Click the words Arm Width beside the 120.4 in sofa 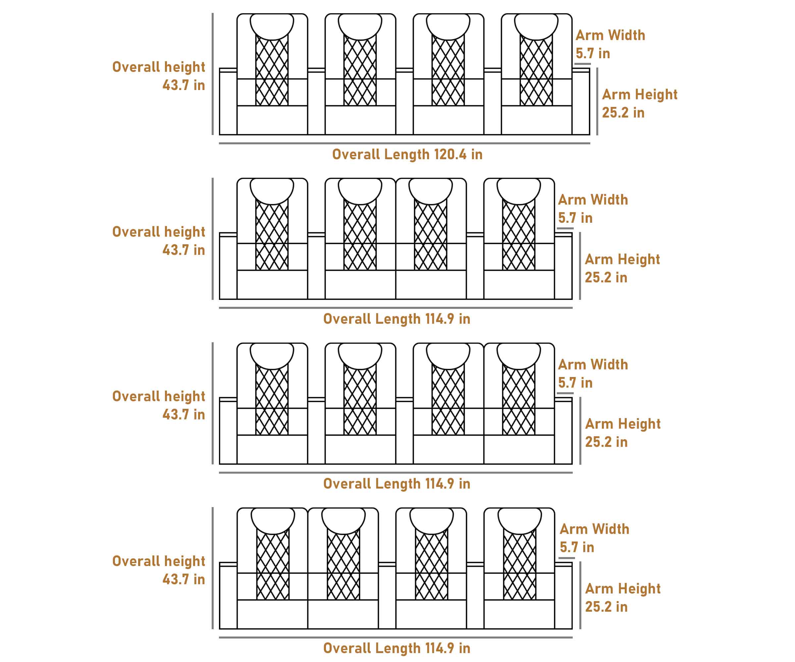click(610, 35)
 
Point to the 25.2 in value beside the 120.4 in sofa click(623, 113)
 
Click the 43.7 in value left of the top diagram click(184, 85)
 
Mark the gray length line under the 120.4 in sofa click(404, 143)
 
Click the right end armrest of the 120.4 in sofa click(581, 102)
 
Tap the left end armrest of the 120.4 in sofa click(228, 102)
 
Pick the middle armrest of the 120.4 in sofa click(404, 102)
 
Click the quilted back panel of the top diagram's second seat click(360, 72)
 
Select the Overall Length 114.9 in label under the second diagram click(397, 319)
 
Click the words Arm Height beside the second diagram click(622, 260)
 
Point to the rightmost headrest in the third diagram click(519, 355)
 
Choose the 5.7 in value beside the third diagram click(575, 383)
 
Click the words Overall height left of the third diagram click(159, 397)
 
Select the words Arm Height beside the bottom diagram click(623, 589)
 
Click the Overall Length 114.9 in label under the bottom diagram click(397, 648)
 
